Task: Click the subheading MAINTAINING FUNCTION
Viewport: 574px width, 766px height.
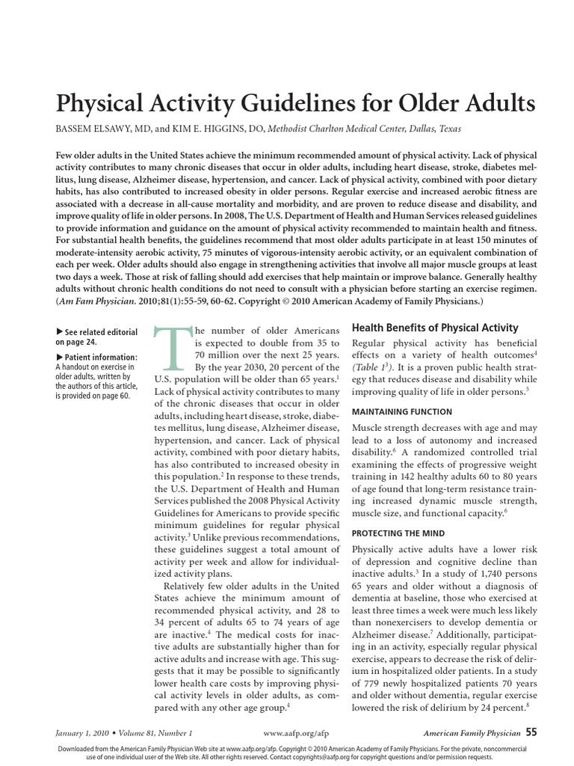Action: pyautogui.click(x=401, y=411)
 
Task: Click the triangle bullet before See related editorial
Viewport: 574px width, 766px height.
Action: pyautogui.click(x=60, y=331)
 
